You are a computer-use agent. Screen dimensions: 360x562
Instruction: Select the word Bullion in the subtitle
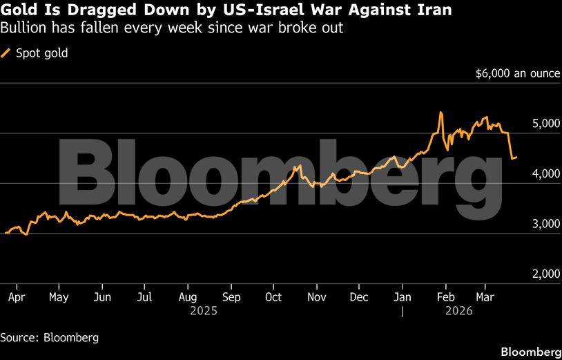(21, 29)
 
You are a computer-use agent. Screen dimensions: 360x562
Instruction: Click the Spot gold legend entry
(41, 53)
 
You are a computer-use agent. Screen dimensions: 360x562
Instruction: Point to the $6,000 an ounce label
(517, 73)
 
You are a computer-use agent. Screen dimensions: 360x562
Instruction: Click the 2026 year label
(458, 311)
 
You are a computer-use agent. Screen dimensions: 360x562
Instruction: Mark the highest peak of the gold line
(440, 112)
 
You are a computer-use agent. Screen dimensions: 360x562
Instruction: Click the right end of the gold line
(517, 158)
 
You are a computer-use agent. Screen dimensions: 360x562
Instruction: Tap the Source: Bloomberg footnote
(49, 338)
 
